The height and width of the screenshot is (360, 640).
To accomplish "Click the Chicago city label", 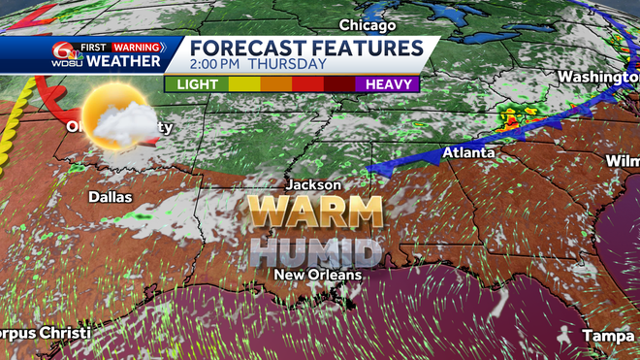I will click(368, 25).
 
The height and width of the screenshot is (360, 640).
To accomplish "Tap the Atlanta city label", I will click(468, 153).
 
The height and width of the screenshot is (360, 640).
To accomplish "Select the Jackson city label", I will click(313, 184).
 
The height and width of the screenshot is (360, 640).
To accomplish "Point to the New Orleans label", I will click(317, 275).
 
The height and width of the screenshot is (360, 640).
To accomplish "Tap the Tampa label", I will click(609, 335).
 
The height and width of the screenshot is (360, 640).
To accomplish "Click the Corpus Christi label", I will click(44, 333).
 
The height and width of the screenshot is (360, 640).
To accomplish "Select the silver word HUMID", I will click(314, 250).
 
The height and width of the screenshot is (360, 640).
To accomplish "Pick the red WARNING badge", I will click(136, 46).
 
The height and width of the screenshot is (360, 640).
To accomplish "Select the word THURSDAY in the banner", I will click(287, 64).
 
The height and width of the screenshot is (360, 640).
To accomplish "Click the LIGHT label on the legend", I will click(197, 84).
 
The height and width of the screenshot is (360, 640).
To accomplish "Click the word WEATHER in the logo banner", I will click(123, 61).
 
